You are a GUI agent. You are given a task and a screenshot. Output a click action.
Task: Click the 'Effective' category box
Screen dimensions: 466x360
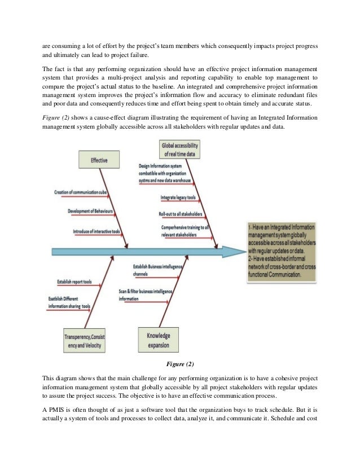[x=99, y=160]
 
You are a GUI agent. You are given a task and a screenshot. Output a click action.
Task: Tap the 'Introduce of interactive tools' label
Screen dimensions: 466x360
[x=95, y=232]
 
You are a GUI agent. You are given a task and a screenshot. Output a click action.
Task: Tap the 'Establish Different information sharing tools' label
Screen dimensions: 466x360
[x=69, y=303]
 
